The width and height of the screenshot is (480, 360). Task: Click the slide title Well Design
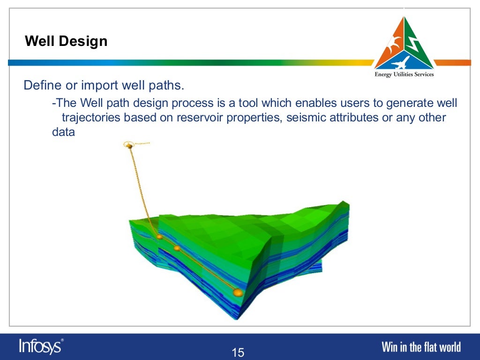tap(66, 41)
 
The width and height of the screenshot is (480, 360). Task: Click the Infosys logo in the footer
tap(41, 346)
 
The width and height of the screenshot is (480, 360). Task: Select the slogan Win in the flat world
tap(421, 347)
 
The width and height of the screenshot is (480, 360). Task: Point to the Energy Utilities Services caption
tap(404, 75)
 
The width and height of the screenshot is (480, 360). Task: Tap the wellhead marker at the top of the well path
tap(129, 146)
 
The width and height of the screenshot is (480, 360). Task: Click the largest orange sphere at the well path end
tap(238, 293)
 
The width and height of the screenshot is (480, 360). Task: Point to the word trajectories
tap(91, 117)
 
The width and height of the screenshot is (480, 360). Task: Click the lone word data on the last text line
tap(63, 132)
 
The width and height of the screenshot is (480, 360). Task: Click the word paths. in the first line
tap(165, 86)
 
